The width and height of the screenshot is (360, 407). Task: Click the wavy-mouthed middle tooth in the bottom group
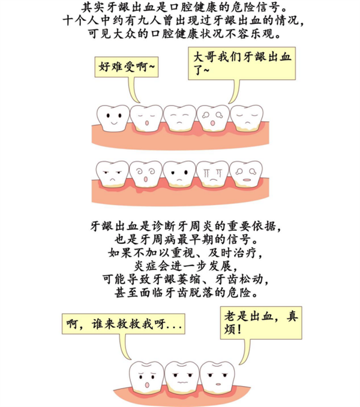click(181, 376)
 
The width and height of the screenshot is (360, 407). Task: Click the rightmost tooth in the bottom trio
click(215, 376)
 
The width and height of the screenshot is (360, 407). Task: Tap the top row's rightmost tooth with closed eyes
click(247, 116)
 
